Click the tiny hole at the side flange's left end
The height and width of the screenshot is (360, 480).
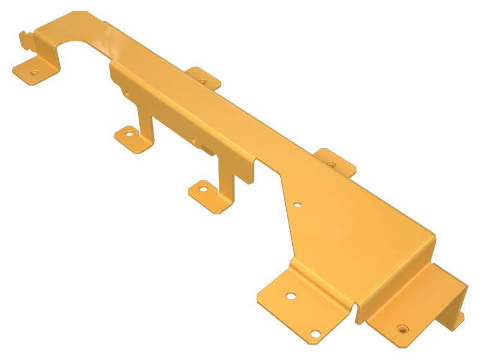tap(126, 94)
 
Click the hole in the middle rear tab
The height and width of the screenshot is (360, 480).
tap(203, 80)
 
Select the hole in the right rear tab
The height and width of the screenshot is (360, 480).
tap(331, 163)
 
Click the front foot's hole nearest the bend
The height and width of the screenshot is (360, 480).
tap(290, 296)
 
